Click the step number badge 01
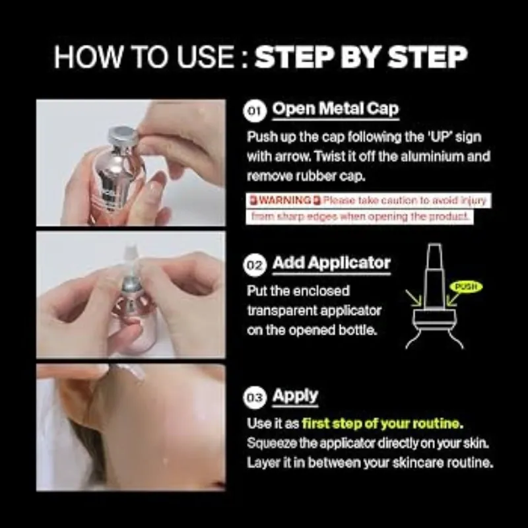click(x=255, y=110)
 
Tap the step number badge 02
click(x=255, y=265)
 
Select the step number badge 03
click(x=255, y=398)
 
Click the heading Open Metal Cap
click(x=335, y=109)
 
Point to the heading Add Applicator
click(x=331, y=263)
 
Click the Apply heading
click(x=295, y=396)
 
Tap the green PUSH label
click(x=467, y=286)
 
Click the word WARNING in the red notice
click(x=285, y=201)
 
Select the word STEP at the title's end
click(x=428, y=57)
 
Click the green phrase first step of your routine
click(x=383, y=423)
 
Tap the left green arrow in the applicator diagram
click(x=414, y=298)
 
